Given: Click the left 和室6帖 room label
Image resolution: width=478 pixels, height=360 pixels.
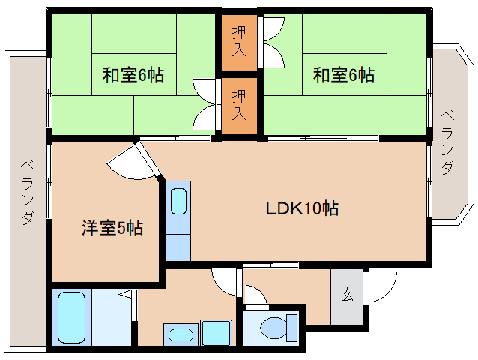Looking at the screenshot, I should click(x=133, y=75).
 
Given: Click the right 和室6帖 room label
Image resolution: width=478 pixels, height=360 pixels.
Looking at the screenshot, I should click(x=344, y=75).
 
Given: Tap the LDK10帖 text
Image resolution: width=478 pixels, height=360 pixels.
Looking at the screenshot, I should click(x=302, y=208).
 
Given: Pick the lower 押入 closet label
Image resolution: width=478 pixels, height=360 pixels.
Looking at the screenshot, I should click(x=239, y=105).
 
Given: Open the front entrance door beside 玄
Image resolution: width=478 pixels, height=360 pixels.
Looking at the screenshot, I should click(x=383, y=287).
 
